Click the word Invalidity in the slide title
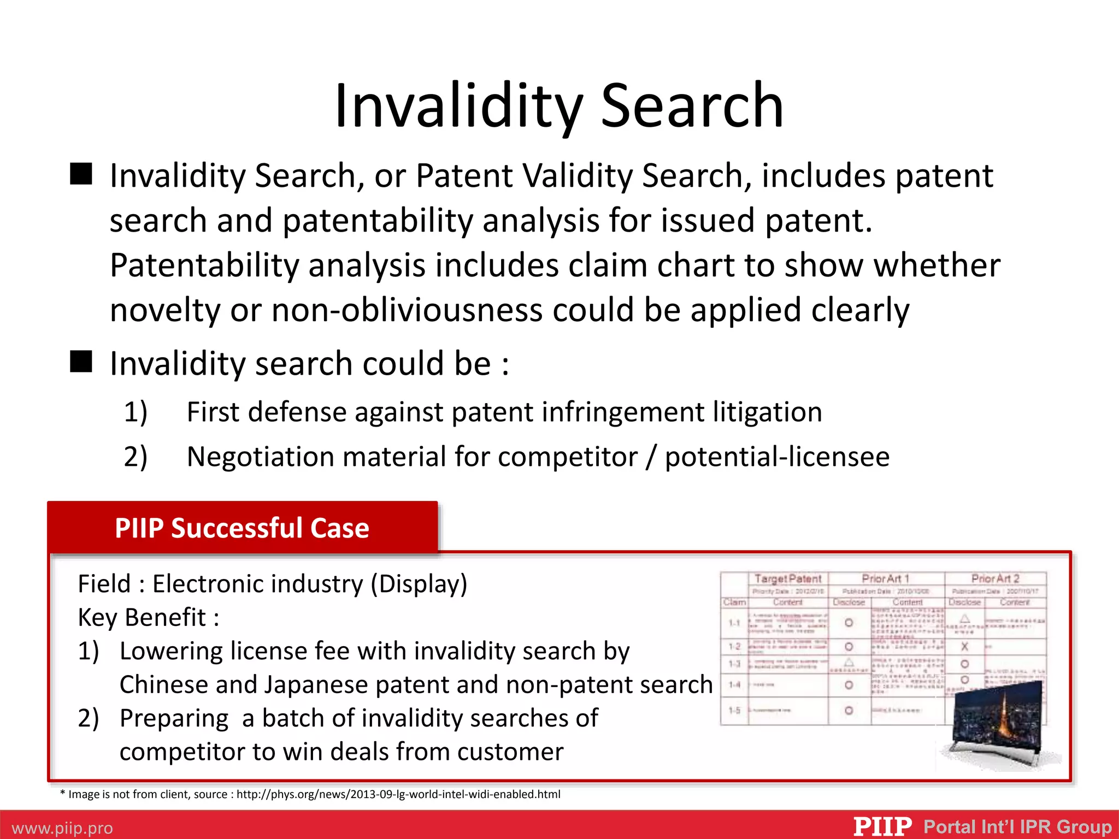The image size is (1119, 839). (x=458, y=105)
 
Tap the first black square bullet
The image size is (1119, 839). (x=81, y=174)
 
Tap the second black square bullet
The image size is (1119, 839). (x=81, y=362)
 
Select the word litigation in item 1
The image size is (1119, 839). (x=767, y=412)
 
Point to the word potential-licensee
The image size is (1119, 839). (x=777, y=457)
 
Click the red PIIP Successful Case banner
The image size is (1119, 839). (x=242, y=528)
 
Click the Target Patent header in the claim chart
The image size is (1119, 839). (x=787, y=578)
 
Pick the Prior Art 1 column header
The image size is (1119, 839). (x=885, y=578)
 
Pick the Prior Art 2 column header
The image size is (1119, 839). (x=995, y=578)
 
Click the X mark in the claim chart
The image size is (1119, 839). (x=964, y=646)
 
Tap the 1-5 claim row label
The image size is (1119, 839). (x=734, y=711)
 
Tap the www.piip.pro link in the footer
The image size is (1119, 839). (x=62, y=828)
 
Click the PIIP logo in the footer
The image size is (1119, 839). (x=882, y=826)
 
